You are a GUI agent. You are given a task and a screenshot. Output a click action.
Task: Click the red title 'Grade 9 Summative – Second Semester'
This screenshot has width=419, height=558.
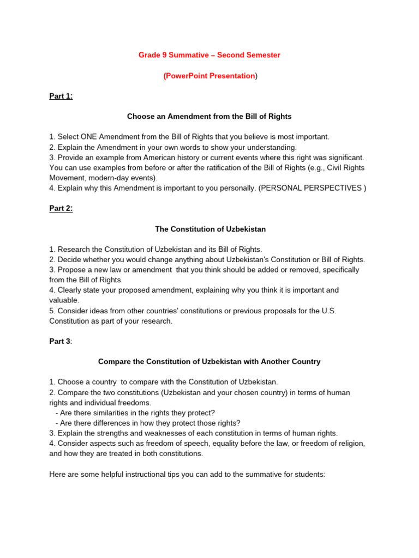pyautogui.click(x=209, y=55)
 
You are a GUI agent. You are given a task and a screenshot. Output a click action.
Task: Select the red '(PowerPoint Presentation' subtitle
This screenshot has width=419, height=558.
pyautogui.click(x=209, y=76)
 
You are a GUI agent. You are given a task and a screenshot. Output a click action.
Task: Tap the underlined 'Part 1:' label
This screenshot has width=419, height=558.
pyautogui.click(x=61, y=96)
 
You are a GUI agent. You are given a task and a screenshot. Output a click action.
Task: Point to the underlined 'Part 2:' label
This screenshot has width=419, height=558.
pyautogui.click(x=61, y=209)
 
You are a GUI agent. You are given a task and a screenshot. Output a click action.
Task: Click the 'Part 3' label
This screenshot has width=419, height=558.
pyautogui.click(x=60, y=341)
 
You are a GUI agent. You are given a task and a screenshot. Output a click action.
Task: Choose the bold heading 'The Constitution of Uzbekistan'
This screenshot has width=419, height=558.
pyautogui.click(x=210, y=229)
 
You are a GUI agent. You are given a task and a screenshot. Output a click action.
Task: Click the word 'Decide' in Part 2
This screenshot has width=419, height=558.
pyautogui.click(x=70, y=259)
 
